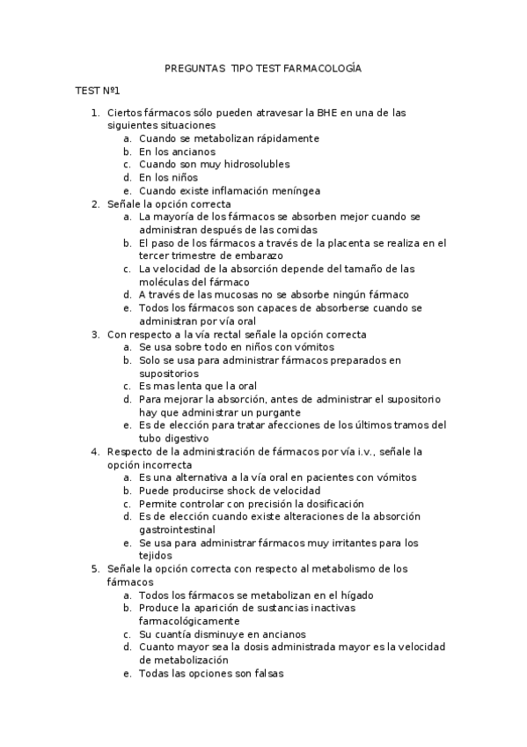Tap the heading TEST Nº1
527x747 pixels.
(x=97, y=91)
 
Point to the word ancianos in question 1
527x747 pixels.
(x=193, y=152)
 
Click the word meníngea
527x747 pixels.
(x=291, y=189)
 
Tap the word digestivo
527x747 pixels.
(x=183, y=438)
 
